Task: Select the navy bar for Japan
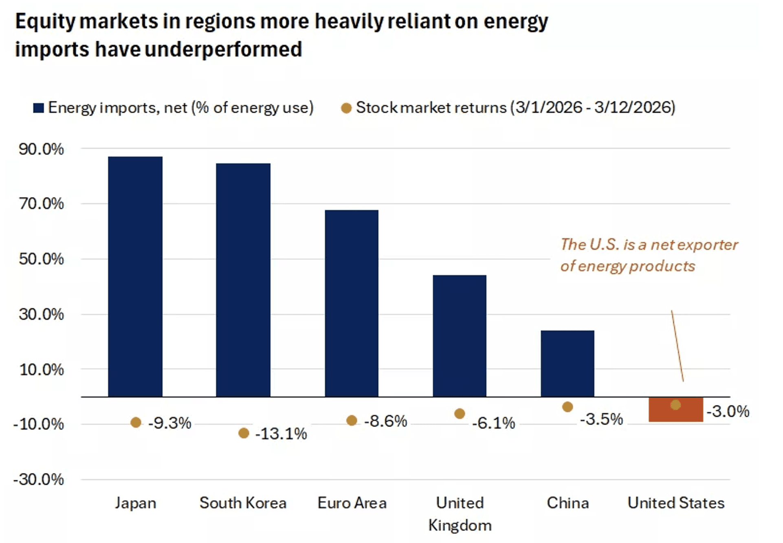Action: pyautogui.click(x=135, y=277)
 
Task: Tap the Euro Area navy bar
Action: pyautogui.click(x=352, y=303)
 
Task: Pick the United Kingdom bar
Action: pyautogui.click(x=460, y=336)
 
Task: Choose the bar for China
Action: pyautogui.click(x=567, y=363)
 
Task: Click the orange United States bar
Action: pyautogui.click(x=676, y=409)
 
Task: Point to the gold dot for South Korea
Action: pyautogui.click(x=244, y=433)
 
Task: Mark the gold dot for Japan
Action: pyautogui.click(x=136, y=423)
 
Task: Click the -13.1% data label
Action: pyautogui.click(x=281, y=434)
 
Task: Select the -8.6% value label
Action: pyautogui.click(x=385, y=421)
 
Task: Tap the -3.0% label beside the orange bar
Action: pyautogui.click(x=728, y=412)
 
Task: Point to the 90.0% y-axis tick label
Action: pyautogui.click(x=41, y=149)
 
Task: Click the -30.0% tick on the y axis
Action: pyautogui.click(x=39, y=480)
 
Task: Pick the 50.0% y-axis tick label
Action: pyautogui.click(x=41, y=259)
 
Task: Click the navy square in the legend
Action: pyautogui.click(x=38, y=108)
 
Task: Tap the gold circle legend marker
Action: pyautogui.click(x=346, y=108)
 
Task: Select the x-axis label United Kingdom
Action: pyautogui.click(x=460, y=514)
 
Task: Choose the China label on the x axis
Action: pyautogui.click(x=567, y=503)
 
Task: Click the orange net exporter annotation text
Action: pyautogui.click(x=649, y=255)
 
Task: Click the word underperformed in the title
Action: pyautogui.click(x=223, y=50)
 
